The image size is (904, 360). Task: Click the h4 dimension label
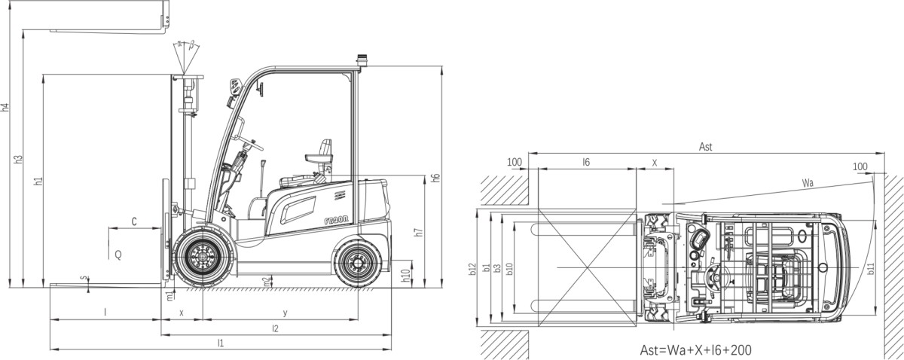coord(6,108)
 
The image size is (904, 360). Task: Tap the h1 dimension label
coord(38,182)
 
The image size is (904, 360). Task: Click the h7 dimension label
coord(419,233)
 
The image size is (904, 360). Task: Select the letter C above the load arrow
coord(134,221)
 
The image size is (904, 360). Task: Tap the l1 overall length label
coord(221,343)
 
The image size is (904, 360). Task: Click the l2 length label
coord(275,328)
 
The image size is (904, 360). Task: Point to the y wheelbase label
coord(284,313)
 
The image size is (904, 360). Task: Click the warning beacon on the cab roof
coord(361,60)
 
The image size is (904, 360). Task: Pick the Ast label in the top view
coord(706,147)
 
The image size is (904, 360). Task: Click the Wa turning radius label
coord(808,183)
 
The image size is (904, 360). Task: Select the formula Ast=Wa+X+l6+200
coord(695,349)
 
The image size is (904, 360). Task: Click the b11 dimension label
coord(870,267)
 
